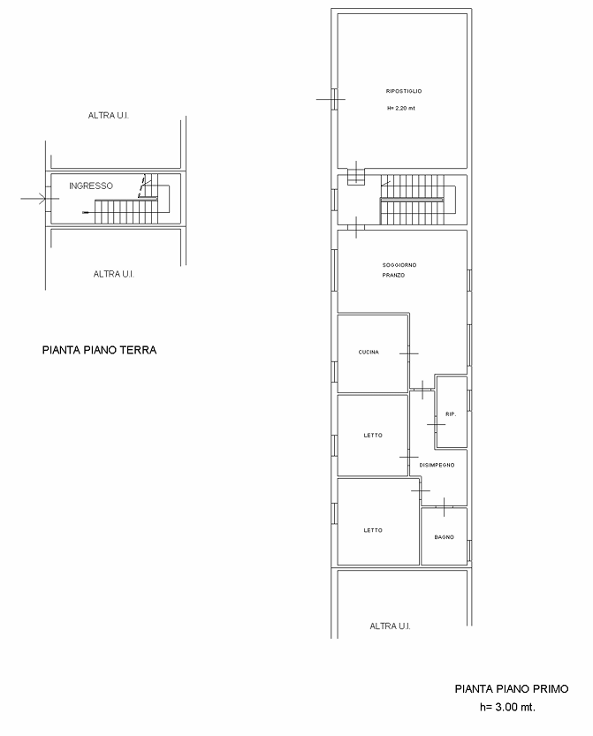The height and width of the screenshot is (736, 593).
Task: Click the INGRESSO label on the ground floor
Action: (91, 186)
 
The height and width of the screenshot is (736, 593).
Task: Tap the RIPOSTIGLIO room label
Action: (404, 91)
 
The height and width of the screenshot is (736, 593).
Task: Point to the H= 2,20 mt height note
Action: (401, 108)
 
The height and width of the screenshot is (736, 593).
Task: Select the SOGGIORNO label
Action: (399, 265)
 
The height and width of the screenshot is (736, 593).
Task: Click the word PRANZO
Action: (393, 276)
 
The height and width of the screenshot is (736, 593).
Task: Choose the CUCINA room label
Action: (369, 352)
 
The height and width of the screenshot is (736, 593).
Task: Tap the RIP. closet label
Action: (451, 414)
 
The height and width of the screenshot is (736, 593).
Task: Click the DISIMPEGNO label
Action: (437, 465)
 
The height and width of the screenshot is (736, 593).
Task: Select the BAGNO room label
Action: (445, 537)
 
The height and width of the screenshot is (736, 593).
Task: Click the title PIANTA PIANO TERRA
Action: (100, 350)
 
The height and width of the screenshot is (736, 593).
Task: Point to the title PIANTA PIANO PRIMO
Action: (512, 688)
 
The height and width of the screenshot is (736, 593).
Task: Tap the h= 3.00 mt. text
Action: (507, 707)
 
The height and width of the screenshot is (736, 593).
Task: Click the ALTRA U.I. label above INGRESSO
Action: (109, 116)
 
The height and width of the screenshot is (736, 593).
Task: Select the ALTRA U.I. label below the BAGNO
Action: (390, 626)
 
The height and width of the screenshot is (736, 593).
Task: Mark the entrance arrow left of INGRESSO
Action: (40, 199)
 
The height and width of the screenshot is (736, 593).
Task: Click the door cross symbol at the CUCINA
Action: (409, 353)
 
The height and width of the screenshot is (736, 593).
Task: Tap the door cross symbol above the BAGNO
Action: (444, 507)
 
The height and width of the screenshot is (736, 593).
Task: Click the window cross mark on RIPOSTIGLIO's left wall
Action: (331, 99)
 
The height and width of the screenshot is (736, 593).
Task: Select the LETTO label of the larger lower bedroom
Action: (373, 530)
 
